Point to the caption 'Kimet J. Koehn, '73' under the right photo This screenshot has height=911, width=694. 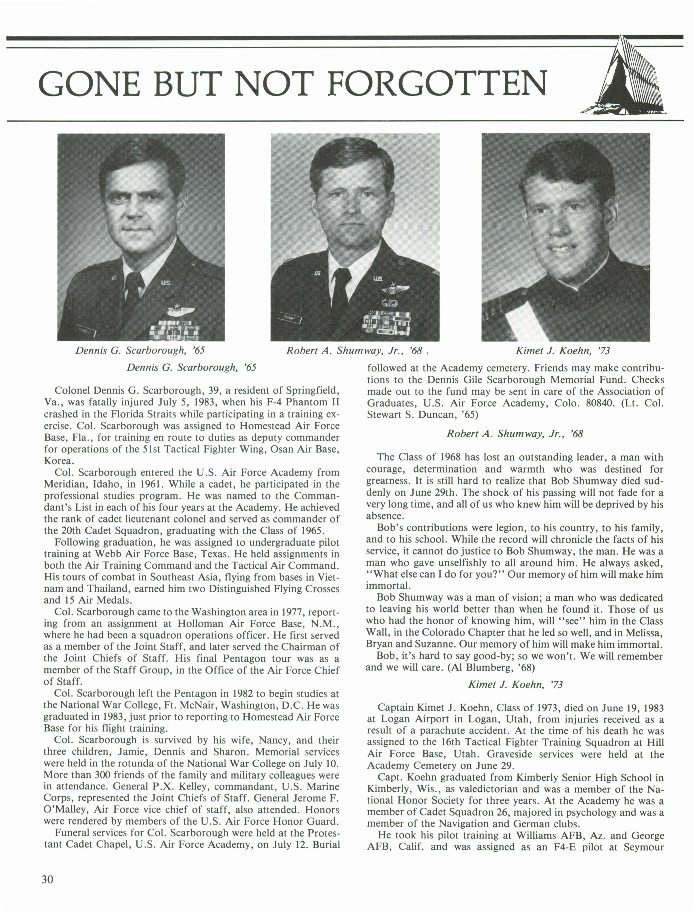(x=563, y=351)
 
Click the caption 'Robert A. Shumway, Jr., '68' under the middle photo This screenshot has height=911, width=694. (x=354, y=351)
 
